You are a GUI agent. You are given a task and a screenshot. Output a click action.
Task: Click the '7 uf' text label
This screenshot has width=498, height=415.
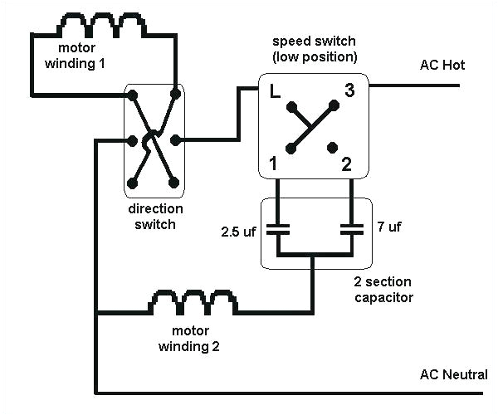tap(388, 227)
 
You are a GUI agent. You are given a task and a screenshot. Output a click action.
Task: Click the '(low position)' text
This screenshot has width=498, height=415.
tap(314, 56)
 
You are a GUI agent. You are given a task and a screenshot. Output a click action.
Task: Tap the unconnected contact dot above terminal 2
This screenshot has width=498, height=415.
tap(332, 148)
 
